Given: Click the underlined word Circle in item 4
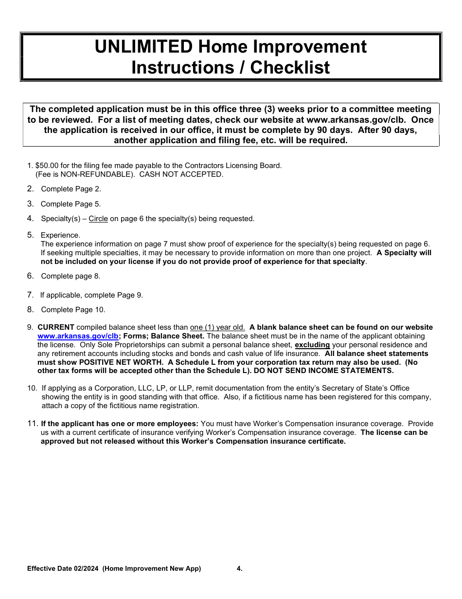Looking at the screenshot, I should (x=98, y=219).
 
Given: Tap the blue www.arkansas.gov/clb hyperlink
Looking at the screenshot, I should (x=78, y=336).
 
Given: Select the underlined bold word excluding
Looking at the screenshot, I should (x=312, y=345).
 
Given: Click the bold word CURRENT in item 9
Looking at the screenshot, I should (x=56, y=327).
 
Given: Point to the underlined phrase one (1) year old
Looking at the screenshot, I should (x=217, y=327).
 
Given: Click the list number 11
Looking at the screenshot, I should (x=32, y=424).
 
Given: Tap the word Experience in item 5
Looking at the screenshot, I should (x=60, y=235).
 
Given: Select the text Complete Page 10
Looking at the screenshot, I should (x=73, y=310).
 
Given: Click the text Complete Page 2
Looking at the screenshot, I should (x=71, y=189).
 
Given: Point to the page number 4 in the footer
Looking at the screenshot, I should (x=239, y=569).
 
